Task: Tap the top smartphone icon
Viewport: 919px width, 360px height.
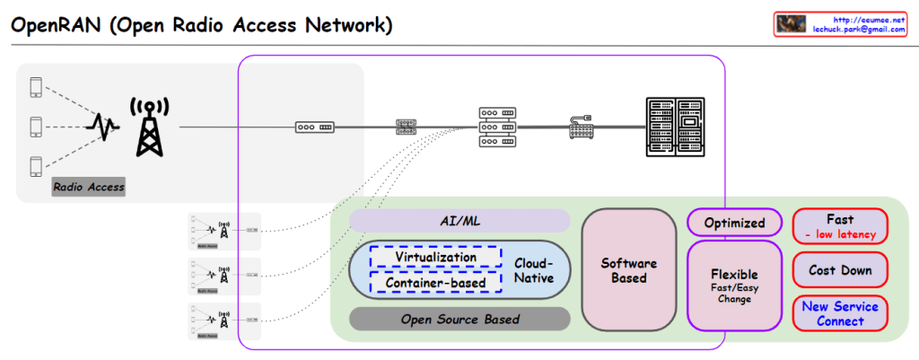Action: [37, 87]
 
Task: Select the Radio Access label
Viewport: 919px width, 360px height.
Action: [88, 187]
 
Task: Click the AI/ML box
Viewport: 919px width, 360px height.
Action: [459, 221]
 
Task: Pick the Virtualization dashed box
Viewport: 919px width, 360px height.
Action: [436, 257]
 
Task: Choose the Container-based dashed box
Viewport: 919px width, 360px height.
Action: [436, 283]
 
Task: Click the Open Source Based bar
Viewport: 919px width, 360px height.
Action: [459, 319]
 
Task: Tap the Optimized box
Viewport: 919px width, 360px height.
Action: [734, 223]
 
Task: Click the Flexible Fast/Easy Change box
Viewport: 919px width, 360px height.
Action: [734, 284]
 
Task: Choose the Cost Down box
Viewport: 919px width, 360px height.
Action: [840, 270]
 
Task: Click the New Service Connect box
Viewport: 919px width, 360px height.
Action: [840, 313]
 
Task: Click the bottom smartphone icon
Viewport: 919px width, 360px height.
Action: [37, 166]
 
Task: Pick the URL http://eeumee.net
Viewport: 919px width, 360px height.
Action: [870, 18]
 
